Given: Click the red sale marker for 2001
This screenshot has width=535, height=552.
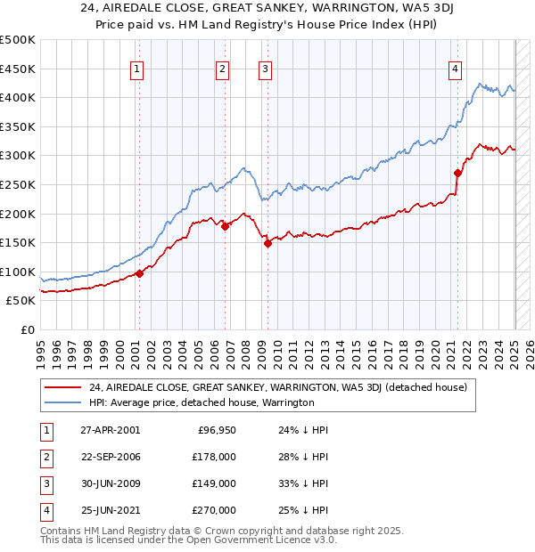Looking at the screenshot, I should (140, 273).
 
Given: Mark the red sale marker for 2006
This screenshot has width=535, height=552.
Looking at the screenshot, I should (226, 226).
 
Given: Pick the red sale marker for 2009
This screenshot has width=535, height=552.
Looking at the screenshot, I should (267, 243).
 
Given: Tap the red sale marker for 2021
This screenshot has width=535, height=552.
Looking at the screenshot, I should (457, 173).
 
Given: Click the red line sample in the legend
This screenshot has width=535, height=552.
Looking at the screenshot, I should (64, 386).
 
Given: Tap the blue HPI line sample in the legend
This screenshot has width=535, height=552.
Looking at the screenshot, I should (64, 402).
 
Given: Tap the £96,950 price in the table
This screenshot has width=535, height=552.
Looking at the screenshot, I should (217, 429).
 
